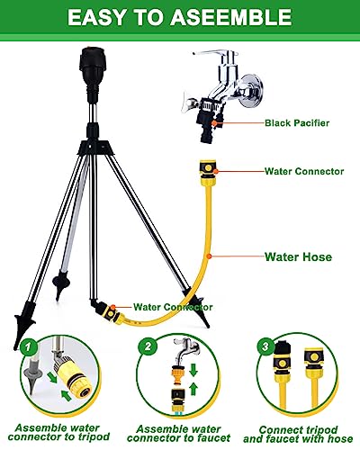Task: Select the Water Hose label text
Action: click(299, 256)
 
